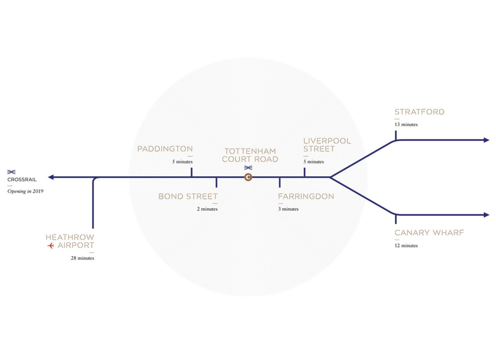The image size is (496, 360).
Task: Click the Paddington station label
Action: [165, 149]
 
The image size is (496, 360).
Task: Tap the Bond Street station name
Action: [187, 196]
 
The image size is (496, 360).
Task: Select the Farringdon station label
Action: [306, 196]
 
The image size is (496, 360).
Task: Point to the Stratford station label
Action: [419, 112]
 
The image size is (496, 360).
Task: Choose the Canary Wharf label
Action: [429, 233]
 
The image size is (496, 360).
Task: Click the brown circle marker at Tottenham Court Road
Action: [248, 177]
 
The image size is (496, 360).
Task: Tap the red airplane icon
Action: [50, 246]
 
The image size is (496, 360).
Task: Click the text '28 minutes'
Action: [82, 258]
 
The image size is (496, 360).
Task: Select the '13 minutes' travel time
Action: [406, 125]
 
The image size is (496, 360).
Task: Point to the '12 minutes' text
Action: [406, 246]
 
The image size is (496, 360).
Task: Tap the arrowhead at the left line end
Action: [50, 177]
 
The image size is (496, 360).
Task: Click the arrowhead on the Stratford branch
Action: [486, 140]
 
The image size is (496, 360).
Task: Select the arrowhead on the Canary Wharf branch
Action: [486, 215]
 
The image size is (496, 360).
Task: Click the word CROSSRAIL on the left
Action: [22, 180]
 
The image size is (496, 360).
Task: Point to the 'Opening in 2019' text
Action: [25, 191]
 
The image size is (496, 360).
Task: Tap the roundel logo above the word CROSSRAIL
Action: [12, 172]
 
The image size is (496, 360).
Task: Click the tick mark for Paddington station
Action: [192, 172]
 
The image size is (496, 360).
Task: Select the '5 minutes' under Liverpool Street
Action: [313, 162]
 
